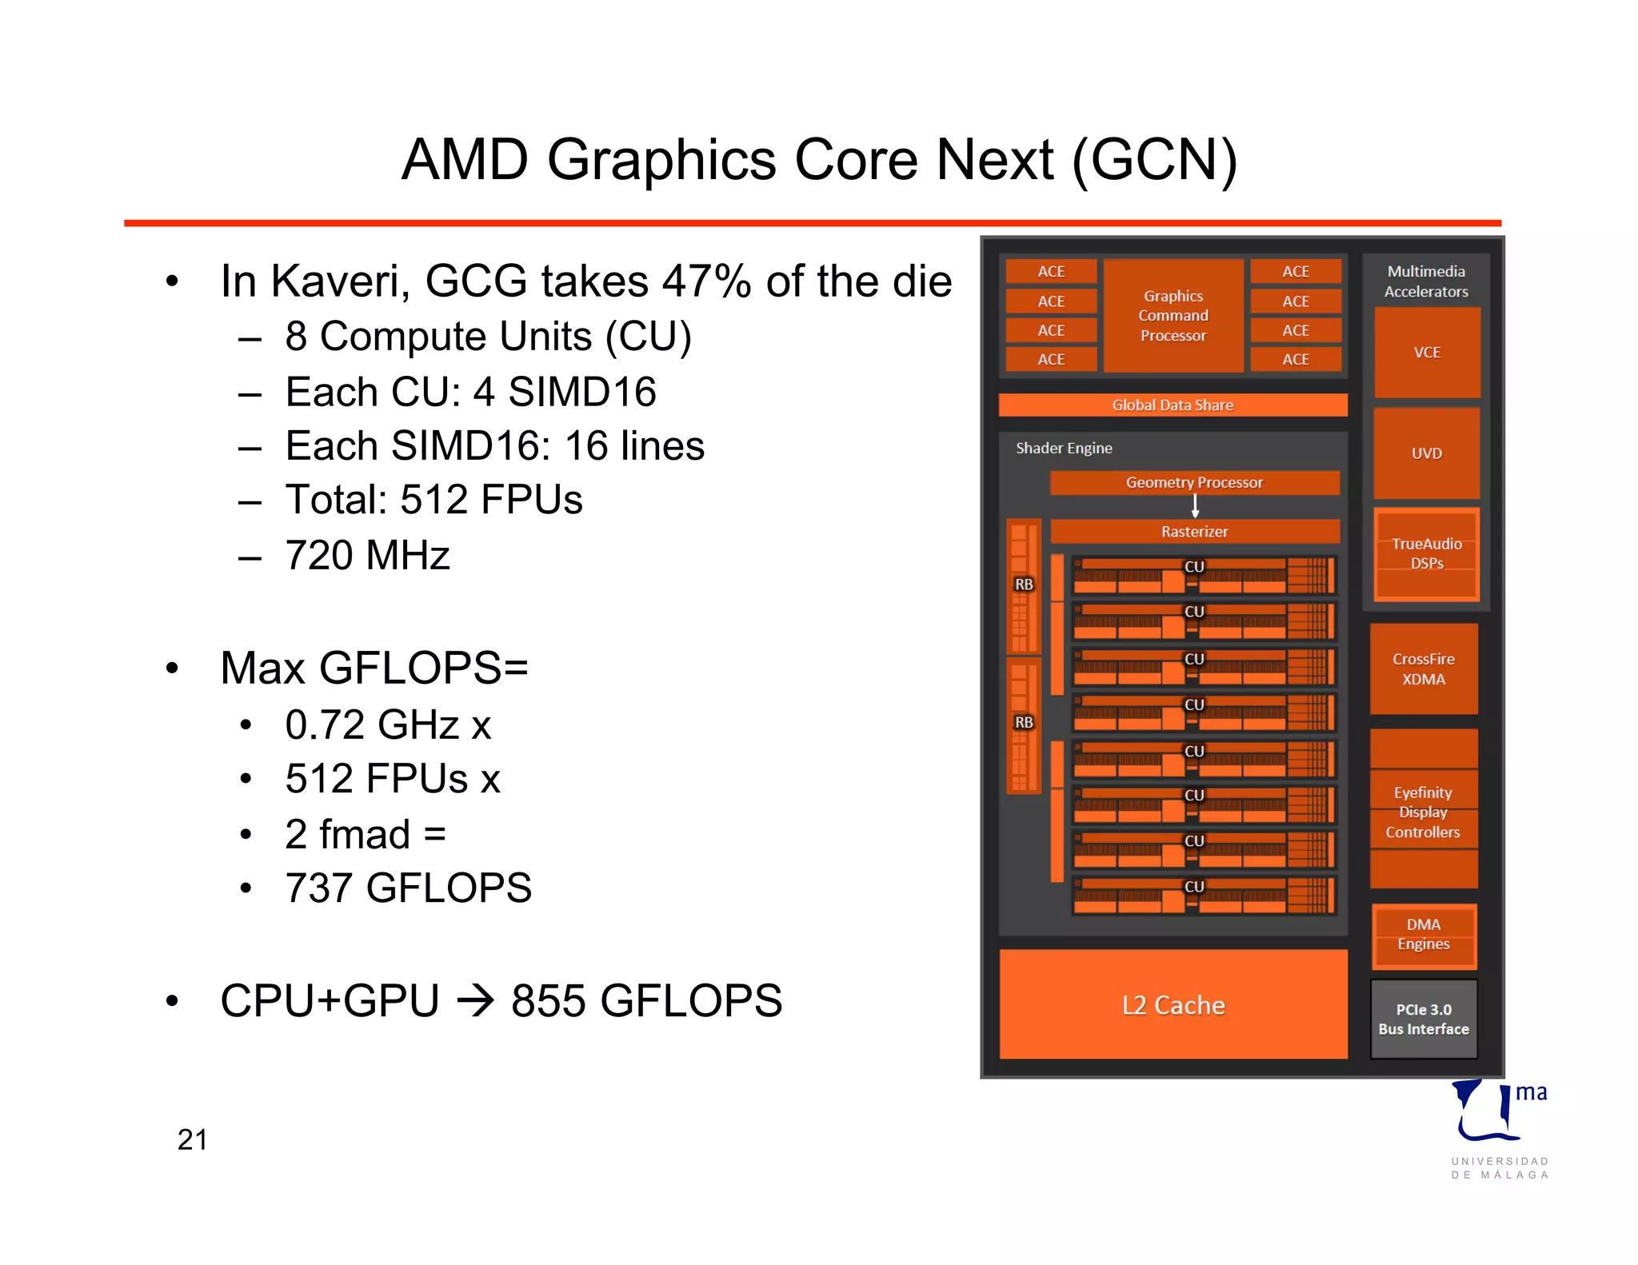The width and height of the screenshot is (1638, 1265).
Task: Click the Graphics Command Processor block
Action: click(1173, 316)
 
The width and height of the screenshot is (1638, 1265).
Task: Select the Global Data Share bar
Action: click(1173, 405)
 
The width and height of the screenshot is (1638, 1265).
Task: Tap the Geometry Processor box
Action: click(1194, 482)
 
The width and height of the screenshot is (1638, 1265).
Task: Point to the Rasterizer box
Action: click(1194, 531)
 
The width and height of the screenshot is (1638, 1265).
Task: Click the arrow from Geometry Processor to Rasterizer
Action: click(1195, 506)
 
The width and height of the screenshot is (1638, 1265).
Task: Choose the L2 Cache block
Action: click(1173, 1004)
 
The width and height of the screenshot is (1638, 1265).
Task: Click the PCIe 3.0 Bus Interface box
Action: click(1424, 1019)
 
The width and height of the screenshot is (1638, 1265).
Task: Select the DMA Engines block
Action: click(1424, 935)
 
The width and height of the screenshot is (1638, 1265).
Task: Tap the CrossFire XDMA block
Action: click(1424, 669)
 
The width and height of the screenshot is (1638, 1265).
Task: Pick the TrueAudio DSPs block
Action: click(1426, 553)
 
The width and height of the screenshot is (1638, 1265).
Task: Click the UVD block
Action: click(1426, 453)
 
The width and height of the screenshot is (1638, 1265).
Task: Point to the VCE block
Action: click(1426, 353)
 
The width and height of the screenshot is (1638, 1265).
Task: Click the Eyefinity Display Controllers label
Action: click(1423, 812)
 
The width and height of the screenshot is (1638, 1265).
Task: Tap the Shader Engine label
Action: click(1064, 448)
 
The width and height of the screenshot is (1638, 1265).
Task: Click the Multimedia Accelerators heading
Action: click(1426, 281)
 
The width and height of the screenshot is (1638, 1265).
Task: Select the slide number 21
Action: click(192, 1139)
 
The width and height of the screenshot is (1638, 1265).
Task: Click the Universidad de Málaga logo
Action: click(1499, 1127)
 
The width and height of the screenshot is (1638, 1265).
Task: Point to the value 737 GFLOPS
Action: click(408, 888)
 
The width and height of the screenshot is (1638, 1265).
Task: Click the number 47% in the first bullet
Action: click(706, 281)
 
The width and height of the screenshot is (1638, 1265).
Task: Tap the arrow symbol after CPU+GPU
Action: click(477, 1001)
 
